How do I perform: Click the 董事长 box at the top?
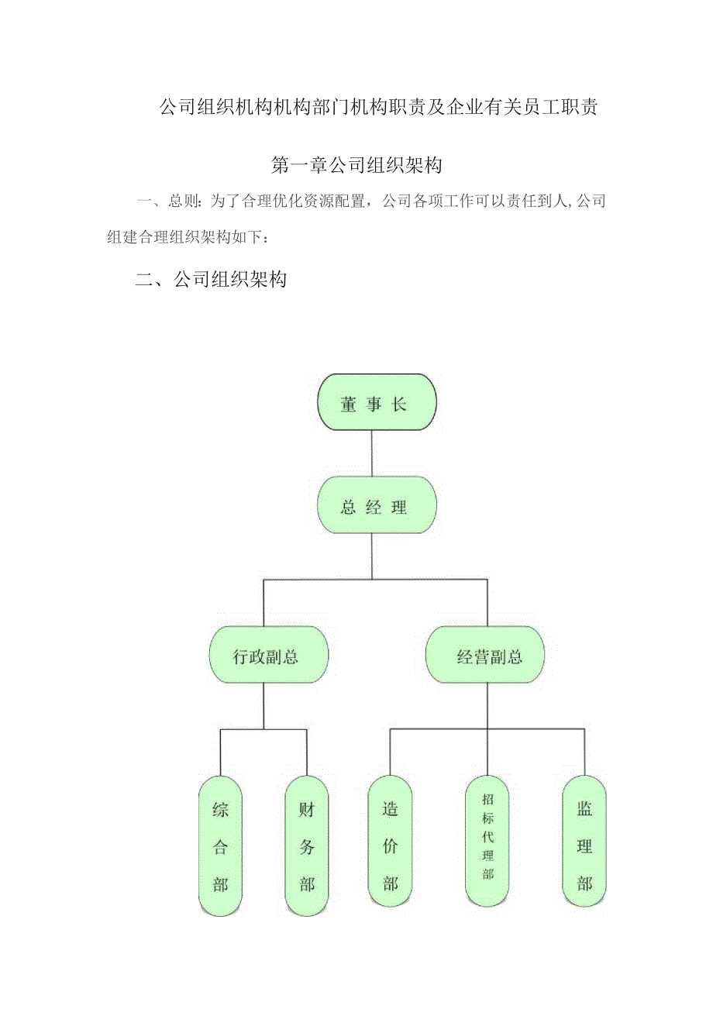[377, 405]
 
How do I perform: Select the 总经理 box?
[377, 508]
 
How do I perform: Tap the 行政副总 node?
[268, 656]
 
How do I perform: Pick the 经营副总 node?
[486, 656]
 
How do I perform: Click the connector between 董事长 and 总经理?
[372, 456]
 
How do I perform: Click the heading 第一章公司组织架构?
[357, 165]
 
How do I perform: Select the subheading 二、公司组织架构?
[211, 280]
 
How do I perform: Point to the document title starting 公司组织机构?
[377, 108]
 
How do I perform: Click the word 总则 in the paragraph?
[183, 202]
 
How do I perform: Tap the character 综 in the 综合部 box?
[221, 810]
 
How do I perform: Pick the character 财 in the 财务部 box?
[307, 810]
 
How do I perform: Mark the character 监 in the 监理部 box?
[584, 810]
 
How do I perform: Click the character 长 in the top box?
[399, 405]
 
